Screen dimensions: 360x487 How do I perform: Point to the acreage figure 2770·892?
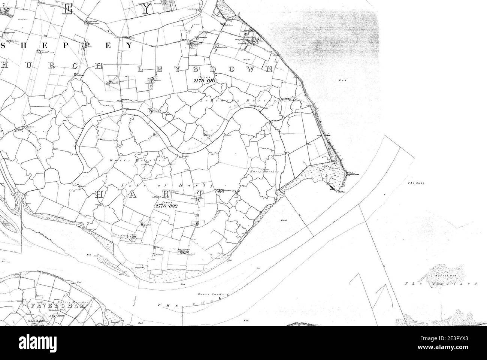pos(165,206)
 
